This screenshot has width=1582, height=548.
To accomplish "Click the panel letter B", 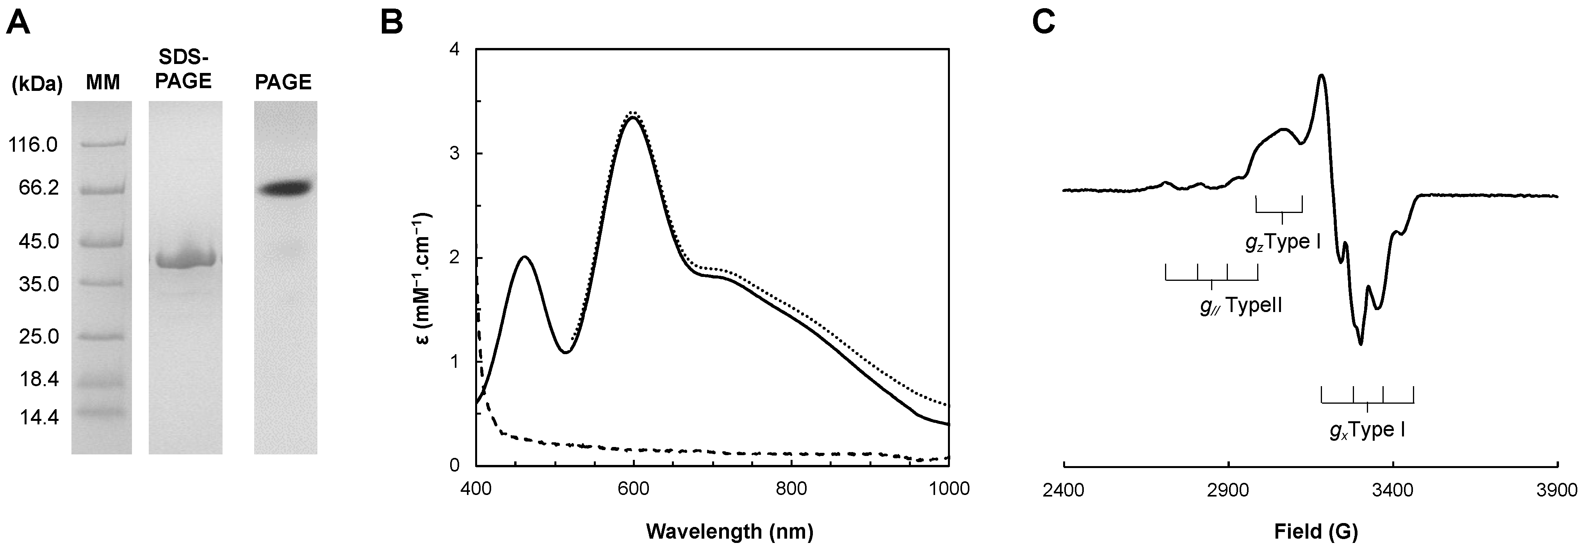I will point(392,23).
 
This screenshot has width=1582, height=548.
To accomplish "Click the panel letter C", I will point(1043,23).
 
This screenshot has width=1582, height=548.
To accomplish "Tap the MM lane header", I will point(103,82).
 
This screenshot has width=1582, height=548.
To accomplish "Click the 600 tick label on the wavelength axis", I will point(633,489).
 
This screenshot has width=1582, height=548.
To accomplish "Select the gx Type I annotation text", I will point(1367,430).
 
